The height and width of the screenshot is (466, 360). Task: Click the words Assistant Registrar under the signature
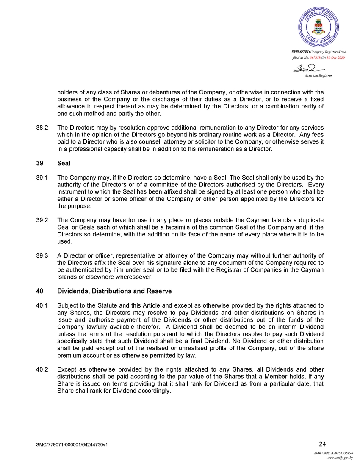(x=318, y=75)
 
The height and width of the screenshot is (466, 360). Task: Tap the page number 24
(x=322, y=444)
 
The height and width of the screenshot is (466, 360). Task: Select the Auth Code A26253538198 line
(x=333, y=453)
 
